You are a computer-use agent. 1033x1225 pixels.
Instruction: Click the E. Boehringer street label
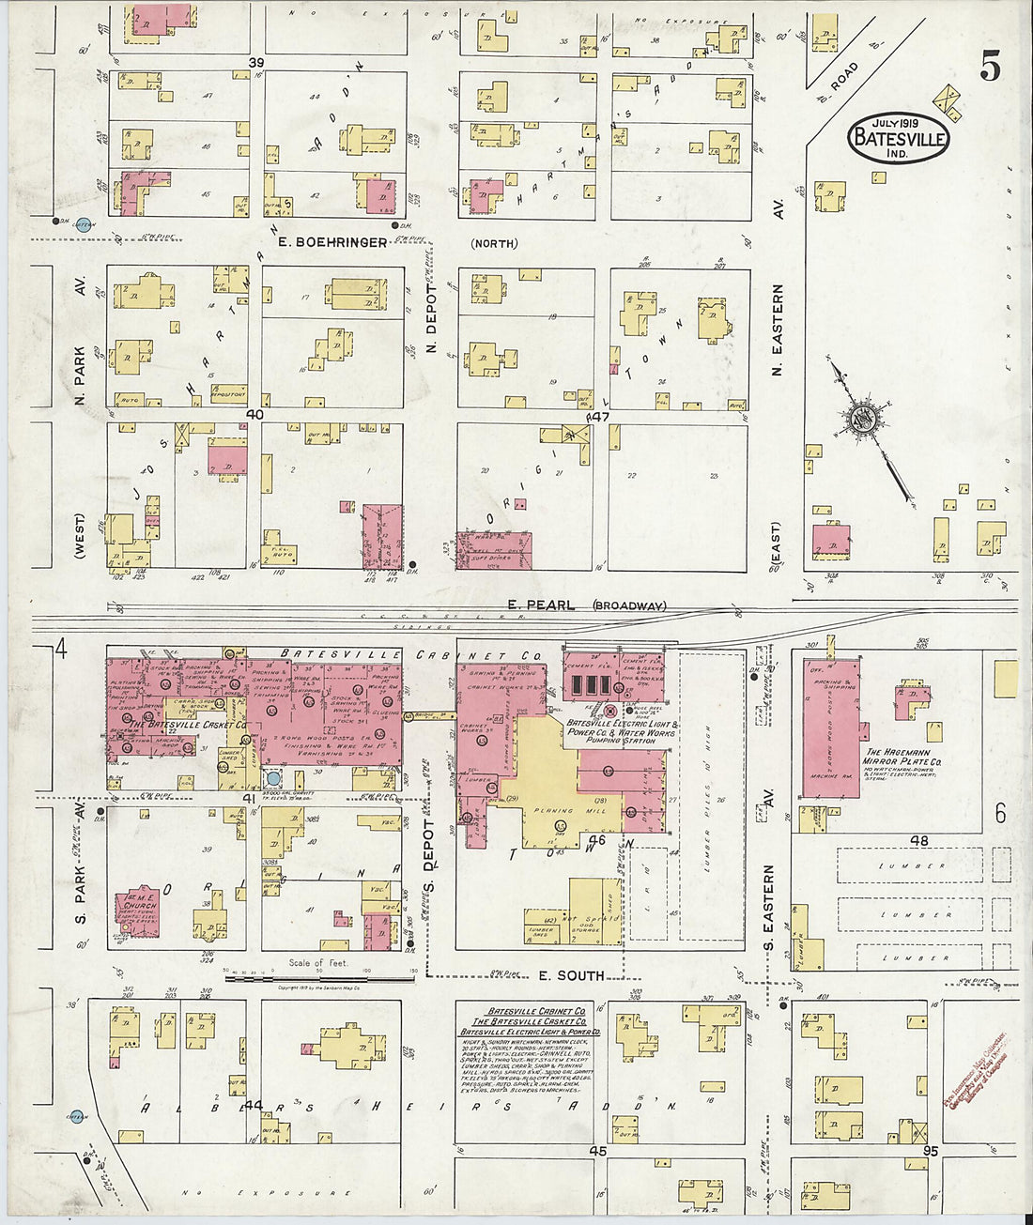click(332, 242)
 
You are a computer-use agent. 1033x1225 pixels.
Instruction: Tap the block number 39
click(254, 62)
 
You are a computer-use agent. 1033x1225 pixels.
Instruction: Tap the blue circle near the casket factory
click(273, 778)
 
